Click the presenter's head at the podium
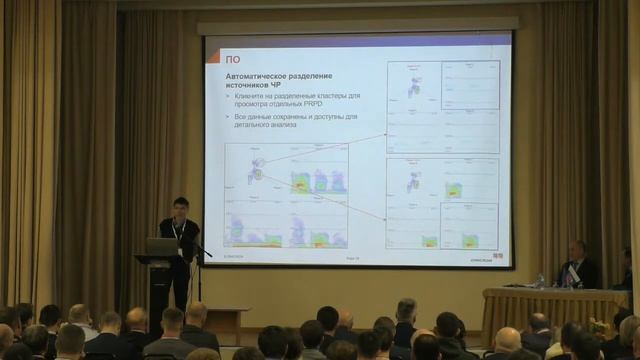click(180, 206)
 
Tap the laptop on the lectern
click(161, 246)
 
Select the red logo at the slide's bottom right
click(497, 256)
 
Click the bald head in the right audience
click(507, 339)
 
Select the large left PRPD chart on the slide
click(286, 195)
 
